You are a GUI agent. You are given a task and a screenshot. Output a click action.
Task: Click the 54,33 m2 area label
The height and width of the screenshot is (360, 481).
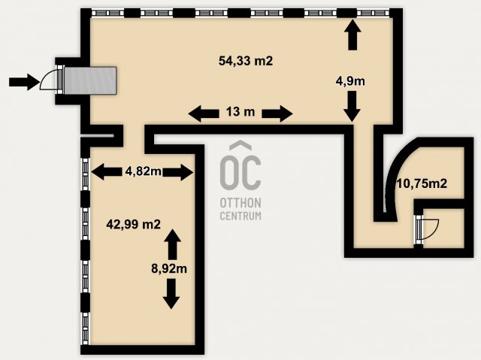pyautogui.click(x=246, y=61)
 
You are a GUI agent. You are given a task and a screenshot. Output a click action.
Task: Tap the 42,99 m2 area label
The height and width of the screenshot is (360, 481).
pyautogui.click(x=134, y=225)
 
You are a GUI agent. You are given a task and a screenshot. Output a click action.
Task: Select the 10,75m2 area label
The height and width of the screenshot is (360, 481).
pyautogui.click(x=422, y=183)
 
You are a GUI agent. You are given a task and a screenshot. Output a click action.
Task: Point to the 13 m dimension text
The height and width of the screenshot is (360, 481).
pyautogui.click(x=240, y=112)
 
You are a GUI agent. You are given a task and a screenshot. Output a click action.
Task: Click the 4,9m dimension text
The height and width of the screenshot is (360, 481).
pyautogui.click(x=350, y=81)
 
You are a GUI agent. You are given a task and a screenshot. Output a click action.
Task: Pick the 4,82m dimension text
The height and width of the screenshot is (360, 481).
pyautogui.click(x=144, y=171)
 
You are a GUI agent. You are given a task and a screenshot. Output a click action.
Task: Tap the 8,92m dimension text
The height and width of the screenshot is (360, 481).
pyautogui.click(x=169, y=268)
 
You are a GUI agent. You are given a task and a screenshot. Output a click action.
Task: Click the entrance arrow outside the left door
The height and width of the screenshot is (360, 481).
pyautogui.click(x=24, y=82)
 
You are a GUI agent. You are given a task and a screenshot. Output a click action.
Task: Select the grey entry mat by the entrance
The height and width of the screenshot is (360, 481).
pyautogui.click(x=90, y=80)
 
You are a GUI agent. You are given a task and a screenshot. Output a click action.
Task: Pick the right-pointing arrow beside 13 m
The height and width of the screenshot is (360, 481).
pyautogui.click(x=277, y=113)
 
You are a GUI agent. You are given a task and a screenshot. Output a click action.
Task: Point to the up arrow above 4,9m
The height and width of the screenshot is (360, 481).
pyautogui.click(x=352, y=35)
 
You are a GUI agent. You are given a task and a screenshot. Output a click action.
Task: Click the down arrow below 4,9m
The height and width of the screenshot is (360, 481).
pyautogui.click(x=352, y=106)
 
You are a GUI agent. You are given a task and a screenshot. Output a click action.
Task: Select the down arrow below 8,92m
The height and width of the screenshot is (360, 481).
pyautogui.click(x=171, y=294)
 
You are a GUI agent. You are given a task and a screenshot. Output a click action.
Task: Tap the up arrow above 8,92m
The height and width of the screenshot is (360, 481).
pyautogui.click(x=172, y=244)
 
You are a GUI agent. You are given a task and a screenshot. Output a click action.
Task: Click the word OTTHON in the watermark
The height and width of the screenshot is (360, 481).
pyautogui.click(x=240, y=203)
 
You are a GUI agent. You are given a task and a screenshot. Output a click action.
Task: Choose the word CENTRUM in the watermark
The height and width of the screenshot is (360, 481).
pyautogui.click(x=240, y=216)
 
